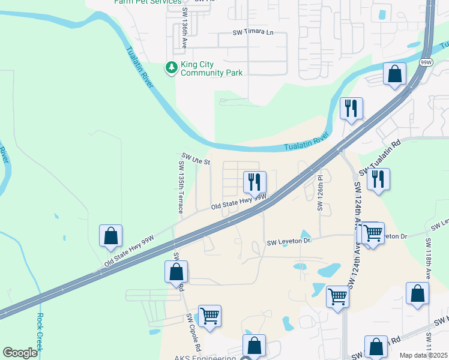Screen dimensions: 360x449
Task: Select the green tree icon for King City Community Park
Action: (172, 67)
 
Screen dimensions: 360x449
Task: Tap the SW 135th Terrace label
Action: (180, 187)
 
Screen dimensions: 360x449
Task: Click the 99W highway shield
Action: (426, 62)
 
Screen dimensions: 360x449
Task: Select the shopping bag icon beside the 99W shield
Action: (395, 74)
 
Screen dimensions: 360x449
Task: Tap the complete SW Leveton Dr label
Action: (289, 241)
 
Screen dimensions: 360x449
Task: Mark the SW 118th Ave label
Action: (428, 258)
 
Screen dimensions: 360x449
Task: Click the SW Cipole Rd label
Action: (193, 332)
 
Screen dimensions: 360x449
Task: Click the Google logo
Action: (20, 353)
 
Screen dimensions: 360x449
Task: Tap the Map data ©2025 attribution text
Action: (423, 355)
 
